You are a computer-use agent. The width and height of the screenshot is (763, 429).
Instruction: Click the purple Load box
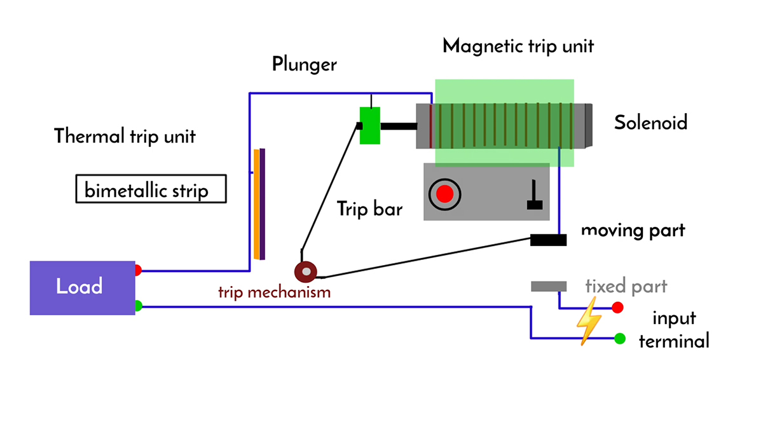82,287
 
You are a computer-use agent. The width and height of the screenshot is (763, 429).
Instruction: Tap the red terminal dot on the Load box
138,270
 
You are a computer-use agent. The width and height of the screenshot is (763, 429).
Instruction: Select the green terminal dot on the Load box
138,306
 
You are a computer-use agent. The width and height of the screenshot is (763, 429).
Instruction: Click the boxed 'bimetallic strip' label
151,189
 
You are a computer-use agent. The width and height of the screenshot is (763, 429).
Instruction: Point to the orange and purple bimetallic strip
259,204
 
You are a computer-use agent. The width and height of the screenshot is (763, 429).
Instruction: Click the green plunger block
369,125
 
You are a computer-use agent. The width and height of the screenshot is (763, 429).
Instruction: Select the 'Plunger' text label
304,64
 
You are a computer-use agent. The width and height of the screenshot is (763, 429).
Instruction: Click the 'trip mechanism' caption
274,292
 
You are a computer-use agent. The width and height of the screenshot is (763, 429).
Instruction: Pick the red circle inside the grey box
444,193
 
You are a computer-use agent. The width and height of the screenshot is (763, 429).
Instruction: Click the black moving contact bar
548,240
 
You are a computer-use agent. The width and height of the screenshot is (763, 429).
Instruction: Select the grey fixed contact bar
548,287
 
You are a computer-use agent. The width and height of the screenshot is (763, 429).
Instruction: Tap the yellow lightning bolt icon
588,321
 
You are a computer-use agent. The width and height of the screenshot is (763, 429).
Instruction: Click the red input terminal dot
617,308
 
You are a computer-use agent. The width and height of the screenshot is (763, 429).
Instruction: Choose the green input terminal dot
619,339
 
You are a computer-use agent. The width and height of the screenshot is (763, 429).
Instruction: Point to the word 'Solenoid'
650,122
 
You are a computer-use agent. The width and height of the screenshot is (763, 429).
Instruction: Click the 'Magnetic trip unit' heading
518,46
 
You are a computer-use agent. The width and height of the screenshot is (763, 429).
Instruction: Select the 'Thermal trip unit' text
125,136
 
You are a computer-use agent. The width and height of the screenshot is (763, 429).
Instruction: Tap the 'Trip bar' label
369,209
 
